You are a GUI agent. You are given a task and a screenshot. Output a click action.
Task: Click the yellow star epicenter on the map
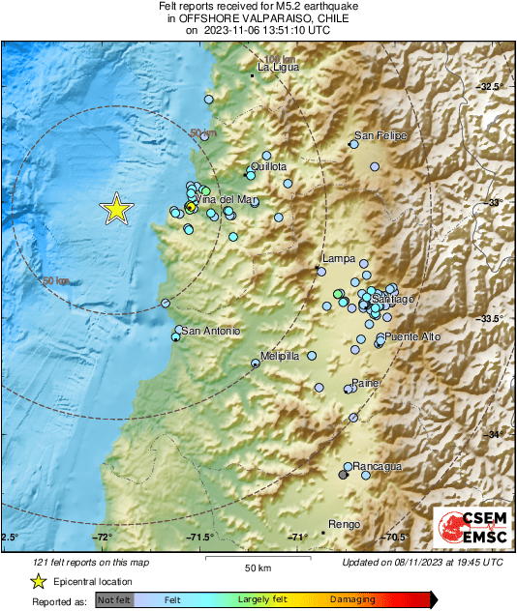point(116,208)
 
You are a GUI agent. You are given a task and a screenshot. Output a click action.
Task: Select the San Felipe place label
point(380,136)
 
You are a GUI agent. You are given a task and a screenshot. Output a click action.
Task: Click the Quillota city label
point(268,167)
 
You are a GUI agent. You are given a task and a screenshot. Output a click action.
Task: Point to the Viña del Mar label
point(228,199)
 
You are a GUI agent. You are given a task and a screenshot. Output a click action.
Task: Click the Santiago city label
point(392,299)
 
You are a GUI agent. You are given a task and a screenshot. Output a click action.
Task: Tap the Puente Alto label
point(412,336)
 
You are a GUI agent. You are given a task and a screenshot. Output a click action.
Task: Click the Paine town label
point(364,383)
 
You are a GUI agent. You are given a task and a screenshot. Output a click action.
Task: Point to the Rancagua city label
point(378,466)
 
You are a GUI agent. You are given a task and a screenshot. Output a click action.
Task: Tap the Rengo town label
point(345,524)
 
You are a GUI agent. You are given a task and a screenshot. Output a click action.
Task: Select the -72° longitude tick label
point(103,537)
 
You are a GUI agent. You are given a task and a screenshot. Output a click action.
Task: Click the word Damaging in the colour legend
point(352,599)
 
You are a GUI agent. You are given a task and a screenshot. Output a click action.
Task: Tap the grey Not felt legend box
point(114,599)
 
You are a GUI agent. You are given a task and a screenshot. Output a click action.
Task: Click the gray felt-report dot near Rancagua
point(344,474)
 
